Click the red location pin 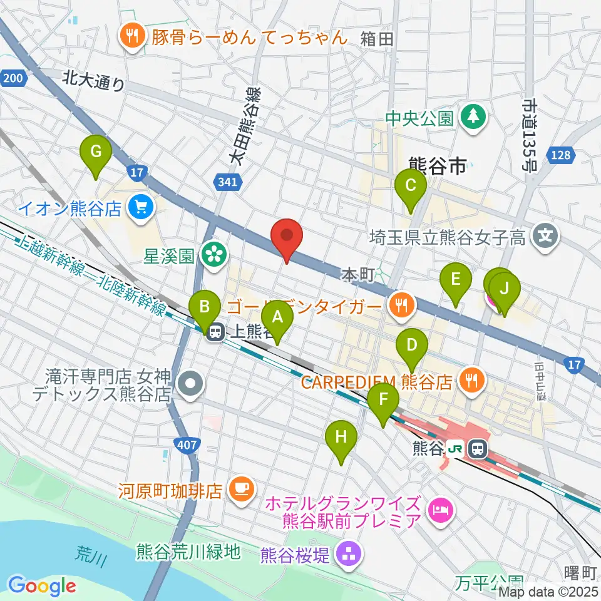[287, 239]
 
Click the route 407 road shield [192, 445]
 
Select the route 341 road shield [228, 183]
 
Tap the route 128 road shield [562, 155]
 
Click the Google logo [43, 585]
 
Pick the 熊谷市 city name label [437, 166]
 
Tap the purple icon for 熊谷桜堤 [346, 552]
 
